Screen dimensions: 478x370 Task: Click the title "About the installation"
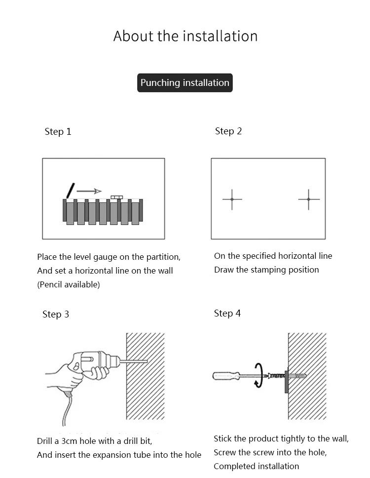click(x=185, y=36)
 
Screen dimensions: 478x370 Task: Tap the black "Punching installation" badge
click(x=185, y=82)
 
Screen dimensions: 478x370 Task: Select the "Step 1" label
click(x=58, y=131)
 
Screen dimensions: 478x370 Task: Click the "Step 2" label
click(x=228, y=131)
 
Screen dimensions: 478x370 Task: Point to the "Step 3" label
click(x=56, y=315)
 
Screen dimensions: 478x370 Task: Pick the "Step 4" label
click(x=227, y=313)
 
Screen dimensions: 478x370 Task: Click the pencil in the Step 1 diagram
click(x=71, y=190)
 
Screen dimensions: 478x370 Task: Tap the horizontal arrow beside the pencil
click(x=89, y=191)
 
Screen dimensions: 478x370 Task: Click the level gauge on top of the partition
click(x=116, y=197)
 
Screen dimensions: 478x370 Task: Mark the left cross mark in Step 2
click(x=232, y=199)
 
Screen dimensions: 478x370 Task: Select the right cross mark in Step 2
click(x=309, y=199)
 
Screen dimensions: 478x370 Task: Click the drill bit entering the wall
click(x=136, y=361)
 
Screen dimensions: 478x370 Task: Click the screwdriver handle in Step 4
click(x=226, y=375)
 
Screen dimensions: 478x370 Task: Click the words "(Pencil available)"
click(x=69, y=284)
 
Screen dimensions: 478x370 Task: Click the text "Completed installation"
click(x=257, y=466)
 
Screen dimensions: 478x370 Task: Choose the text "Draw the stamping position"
click(x=266, y=270)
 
